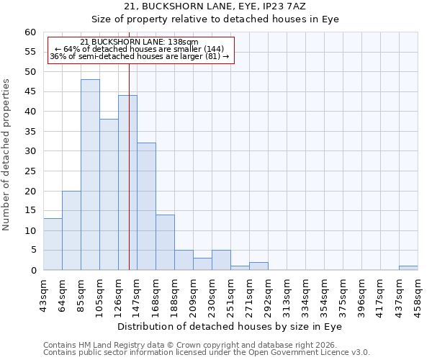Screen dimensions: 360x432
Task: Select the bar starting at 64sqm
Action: click(x=71, y=230)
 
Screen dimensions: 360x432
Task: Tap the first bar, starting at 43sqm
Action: click(x=53, y=245)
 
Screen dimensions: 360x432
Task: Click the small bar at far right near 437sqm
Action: click(x=408, y=268)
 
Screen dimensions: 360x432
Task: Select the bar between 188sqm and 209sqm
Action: click(x=184, y=261)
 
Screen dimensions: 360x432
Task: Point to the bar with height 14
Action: click(x=165, y=243)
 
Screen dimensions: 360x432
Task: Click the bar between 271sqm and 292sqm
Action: click(x=258, y=266)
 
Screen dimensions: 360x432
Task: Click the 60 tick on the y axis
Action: click(x=30, y=32)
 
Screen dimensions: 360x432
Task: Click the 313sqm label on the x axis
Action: click(x=287, y=292)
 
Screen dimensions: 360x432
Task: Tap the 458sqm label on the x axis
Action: click(x=418, y=292)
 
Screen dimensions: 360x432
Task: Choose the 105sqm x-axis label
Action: click(x=99, y=292)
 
